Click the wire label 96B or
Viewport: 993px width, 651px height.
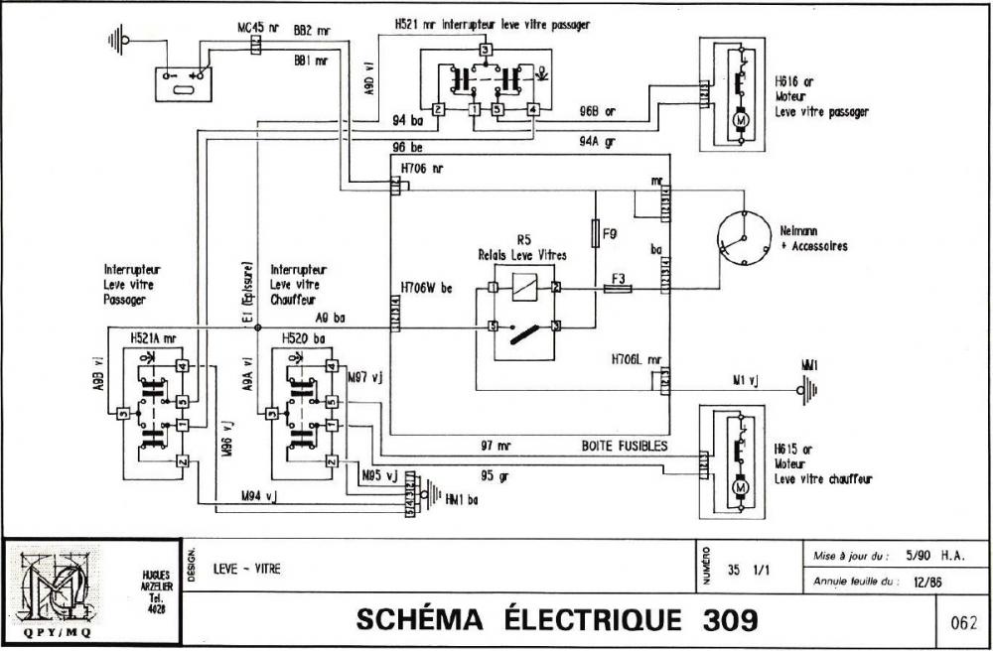click(x=597, y=111)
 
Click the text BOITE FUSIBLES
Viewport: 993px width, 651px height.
click(x=624, y=447)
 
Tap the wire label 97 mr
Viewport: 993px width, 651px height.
click(x=496, y=447)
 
